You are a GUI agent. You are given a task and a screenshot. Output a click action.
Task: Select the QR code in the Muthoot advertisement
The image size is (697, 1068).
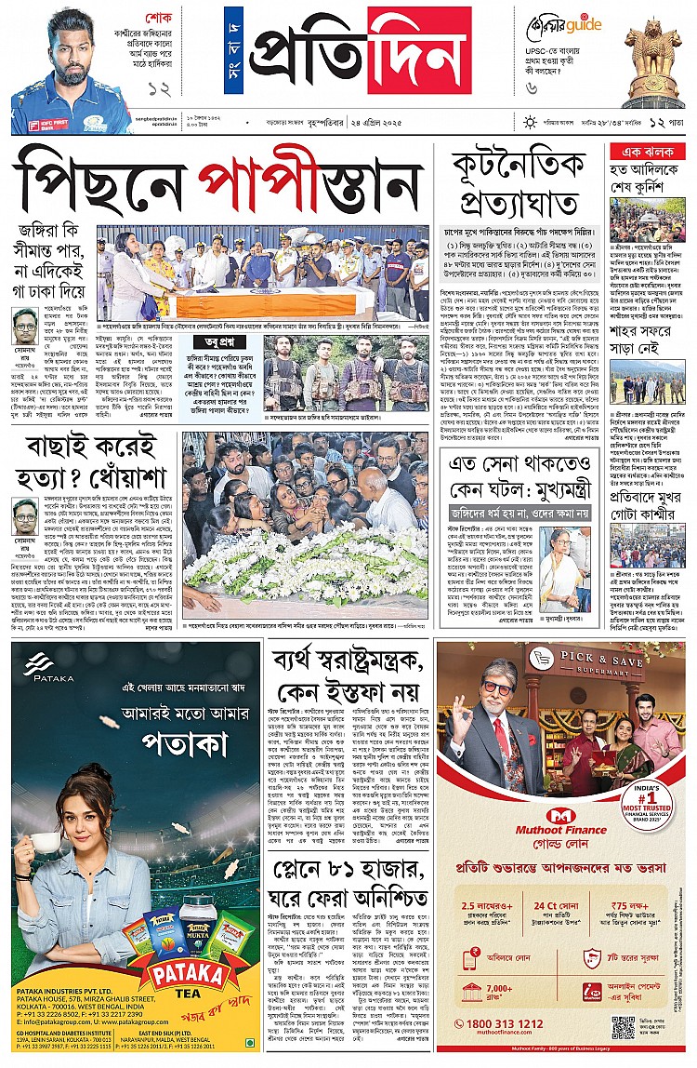[623, 1027]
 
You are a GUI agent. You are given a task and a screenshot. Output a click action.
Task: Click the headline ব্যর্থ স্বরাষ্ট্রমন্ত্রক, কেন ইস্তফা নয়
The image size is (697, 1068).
[347, 674]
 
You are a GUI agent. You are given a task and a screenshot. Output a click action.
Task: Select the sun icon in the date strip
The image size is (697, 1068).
[530, 122]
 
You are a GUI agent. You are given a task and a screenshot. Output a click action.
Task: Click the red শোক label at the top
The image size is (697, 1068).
[160, 18]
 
